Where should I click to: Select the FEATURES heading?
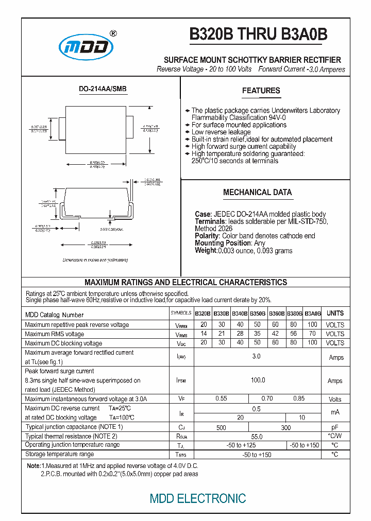click(x=261, y=91)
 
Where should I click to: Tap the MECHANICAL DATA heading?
click(x=257, y=193)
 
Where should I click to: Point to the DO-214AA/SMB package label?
click(x=103, y=89)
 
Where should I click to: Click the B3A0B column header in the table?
click(x=312, y=314)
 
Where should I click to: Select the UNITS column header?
click(x=335, y=313)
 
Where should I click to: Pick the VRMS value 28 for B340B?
click(x=240, y=334)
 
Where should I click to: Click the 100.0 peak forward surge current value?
click(x=258, y=380)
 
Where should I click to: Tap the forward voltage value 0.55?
click(x=221, y=398)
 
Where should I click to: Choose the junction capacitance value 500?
click(x=221, y=427)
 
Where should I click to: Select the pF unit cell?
click(x=335, y=427)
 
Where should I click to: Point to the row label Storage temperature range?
click(x=59, y=454)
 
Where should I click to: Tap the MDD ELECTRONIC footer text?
click(x=197, y=498)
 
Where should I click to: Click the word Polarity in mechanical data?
click(x=207, y=236)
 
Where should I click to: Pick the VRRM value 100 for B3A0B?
click(x=312, y=325)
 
